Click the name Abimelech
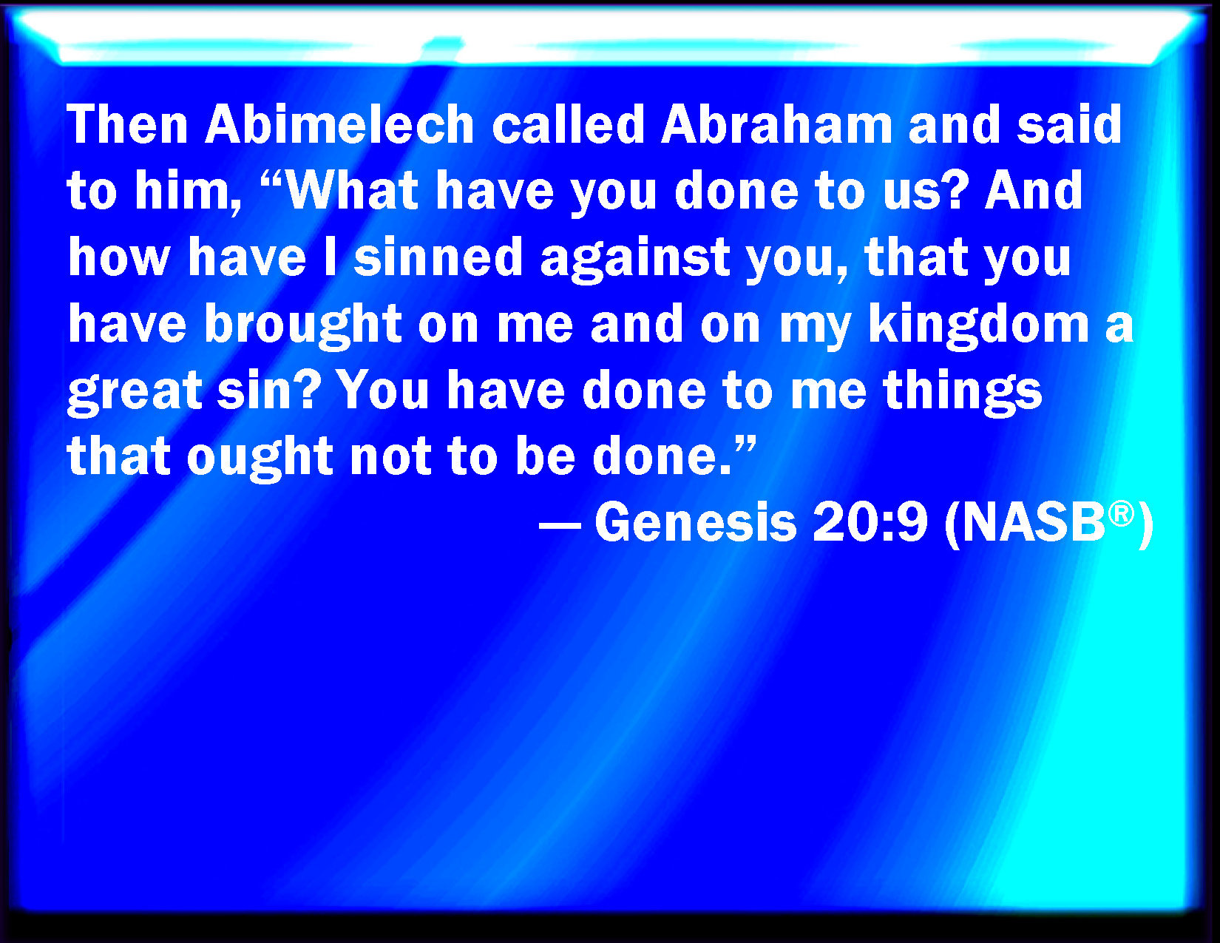[x=339, y=124]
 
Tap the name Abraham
[x=776, y=124]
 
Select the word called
[x=568, y=124]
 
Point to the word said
[x=1069, y=124]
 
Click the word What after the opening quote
[x=352, y=190]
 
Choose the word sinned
[x=438, y=257]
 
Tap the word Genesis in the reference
[x=696, y=523]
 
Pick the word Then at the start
[x=127, y=124]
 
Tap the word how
[x=118, y=257]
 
